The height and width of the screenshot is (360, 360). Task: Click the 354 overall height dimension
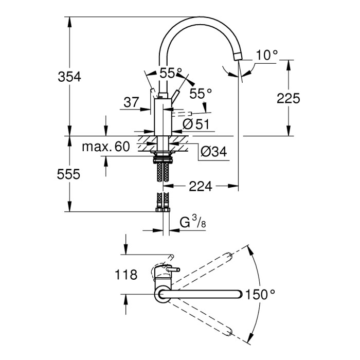69,77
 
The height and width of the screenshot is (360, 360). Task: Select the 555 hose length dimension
69,174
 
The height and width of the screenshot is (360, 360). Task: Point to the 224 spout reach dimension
201,186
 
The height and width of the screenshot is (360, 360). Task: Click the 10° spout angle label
267,54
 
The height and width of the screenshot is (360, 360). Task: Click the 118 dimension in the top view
126,275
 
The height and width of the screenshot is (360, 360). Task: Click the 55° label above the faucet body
170,74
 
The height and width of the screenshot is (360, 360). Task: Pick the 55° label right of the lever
201,93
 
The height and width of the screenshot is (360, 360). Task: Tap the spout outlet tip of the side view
238,55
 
